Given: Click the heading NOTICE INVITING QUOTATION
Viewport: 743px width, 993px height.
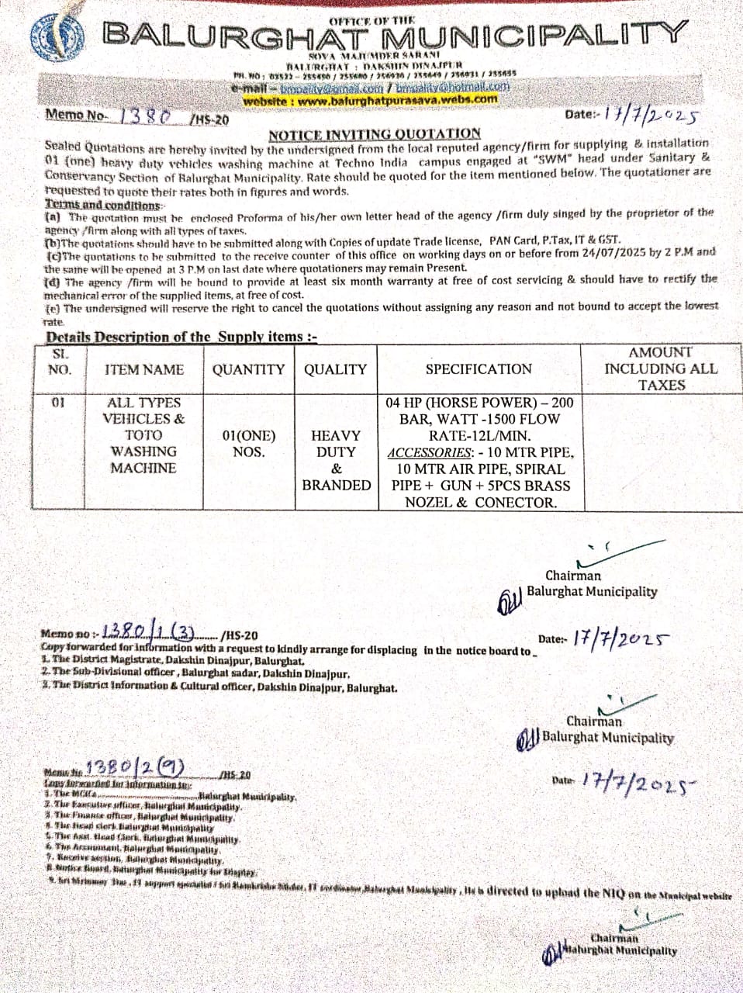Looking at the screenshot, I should pos(375,133).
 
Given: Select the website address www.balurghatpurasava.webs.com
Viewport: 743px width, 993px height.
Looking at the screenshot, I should pos(370,99).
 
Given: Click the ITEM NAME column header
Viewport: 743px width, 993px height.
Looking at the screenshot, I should pos(144,369).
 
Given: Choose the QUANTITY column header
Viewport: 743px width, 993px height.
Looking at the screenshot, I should pos(248,369).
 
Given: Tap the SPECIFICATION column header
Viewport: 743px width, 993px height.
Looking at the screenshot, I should pos(479,369).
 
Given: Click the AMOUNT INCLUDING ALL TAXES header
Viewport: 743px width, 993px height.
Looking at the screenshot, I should pos(661,368).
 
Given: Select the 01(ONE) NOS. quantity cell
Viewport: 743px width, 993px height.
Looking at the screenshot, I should pos(248,444).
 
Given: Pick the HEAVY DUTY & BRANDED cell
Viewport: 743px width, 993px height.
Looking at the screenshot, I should pos(336,460).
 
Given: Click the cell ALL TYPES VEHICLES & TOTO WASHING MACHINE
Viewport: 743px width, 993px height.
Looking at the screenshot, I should pos(143,435).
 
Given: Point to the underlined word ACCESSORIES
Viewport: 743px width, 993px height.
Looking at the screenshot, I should pos(429,452).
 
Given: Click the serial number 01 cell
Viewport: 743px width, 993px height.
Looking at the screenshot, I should pos(58,403).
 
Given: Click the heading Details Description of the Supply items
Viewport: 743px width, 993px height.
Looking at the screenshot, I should pos(181,337).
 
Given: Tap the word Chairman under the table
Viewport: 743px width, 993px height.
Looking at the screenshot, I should pos(572,576).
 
